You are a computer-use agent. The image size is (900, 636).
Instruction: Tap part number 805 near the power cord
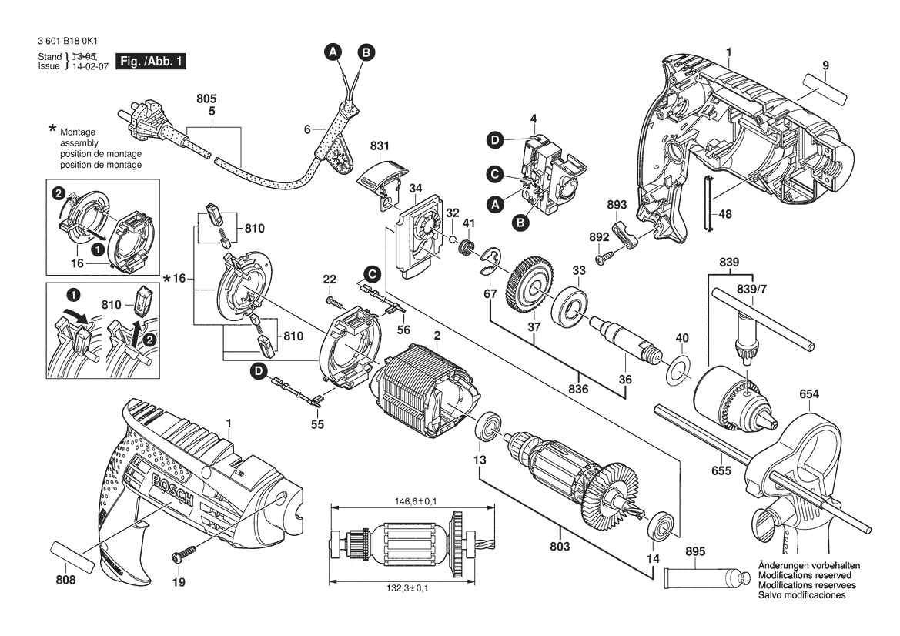[x=206, y=99]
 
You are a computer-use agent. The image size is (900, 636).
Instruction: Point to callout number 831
[x=380, y=146]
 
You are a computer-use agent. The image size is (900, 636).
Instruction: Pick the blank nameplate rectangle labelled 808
[x=75, y=555]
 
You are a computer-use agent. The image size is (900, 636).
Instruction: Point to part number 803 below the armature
[x=560, y=547]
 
